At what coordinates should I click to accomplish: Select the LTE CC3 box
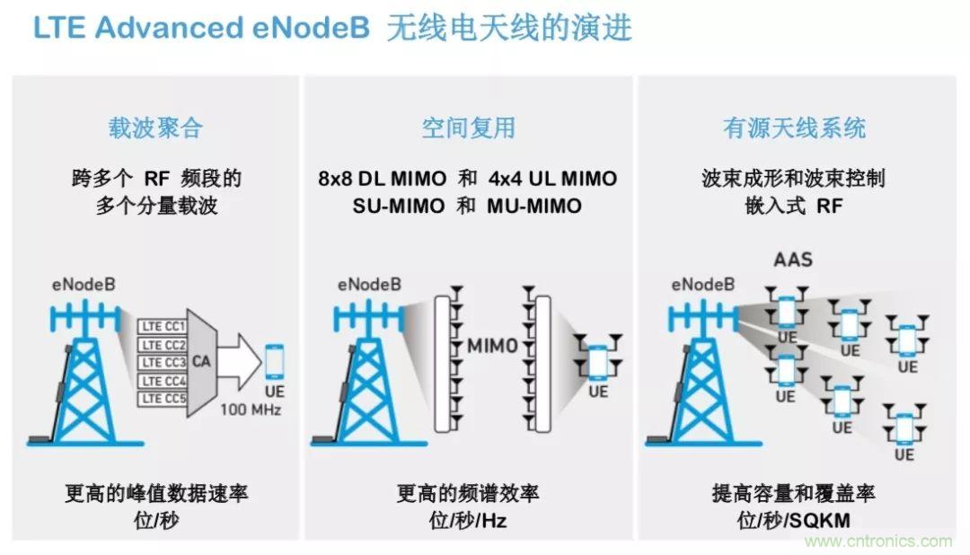click(x=163, y=363)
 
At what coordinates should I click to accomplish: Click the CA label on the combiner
click(x=202, y=363)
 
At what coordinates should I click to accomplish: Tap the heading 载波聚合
click(x=155, y=128)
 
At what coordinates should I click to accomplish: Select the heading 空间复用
click(x=468, y=128)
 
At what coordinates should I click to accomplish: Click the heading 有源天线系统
click(x=794, y=128)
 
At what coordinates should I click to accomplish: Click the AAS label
click(x=793, y=260)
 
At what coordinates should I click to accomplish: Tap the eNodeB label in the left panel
click(x=84, y=286)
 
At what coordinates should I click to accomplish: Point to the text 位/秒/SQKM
click(x=793, y=521)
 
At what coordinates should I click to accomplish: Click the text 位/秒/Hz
click(x=467, y=521)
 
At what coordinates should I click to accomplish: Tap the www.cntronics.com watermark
click(x=877, y=541)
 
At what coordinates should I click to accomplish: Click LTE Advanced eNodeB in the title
click(x=201, y=28)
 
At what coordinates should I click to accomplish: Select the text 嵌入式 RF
click(x=793, y=206)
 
